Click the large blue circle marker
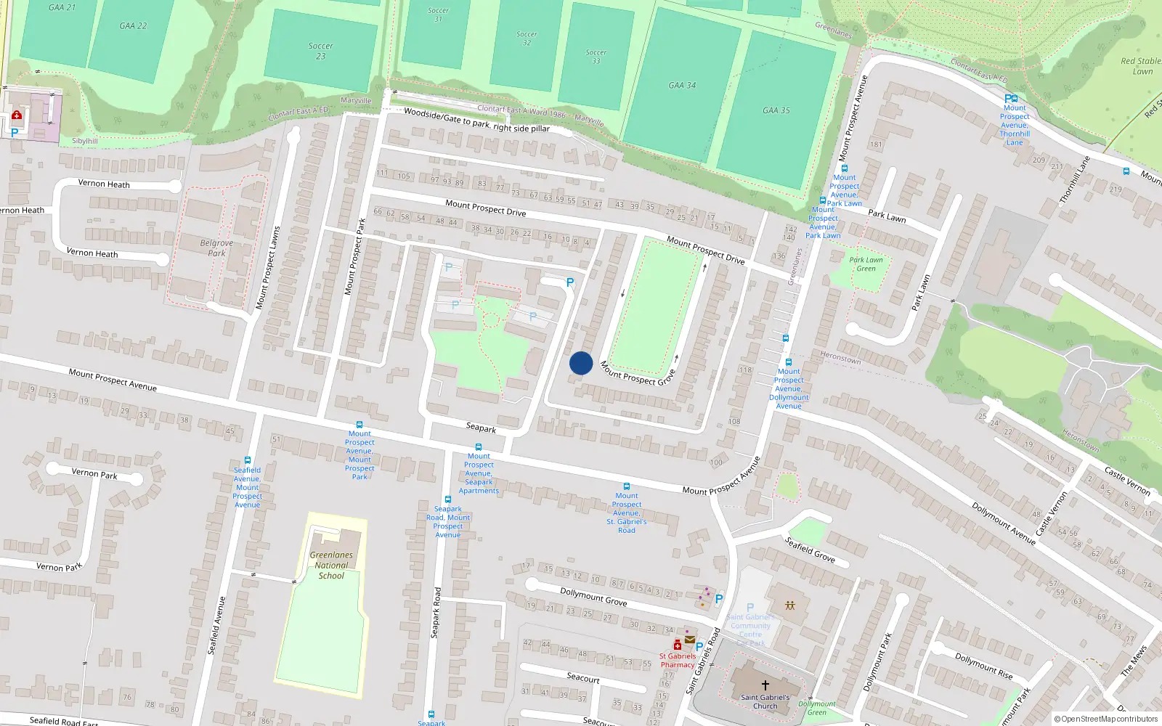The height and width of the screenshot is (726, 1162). pos(581,363)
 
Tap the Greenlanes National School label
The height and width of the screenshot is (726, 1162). pos(331,565)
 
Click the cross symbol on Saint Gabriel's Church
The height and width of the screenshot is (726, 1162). pos(765,685)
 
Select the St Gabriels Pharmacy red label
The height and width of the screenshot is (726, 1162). pos(677,660)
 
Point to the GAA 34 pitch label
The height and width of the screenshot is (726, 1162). pos(682,86)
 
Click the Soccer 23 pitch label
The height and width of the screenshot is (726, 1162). pos(320,51)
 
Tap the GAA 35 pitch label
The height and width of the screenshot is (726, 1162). pos(776,110)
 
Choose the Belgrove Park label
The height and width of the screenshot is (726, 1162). pos(216,248)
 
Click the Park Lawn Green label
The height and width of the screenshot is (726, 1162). pos(866,264)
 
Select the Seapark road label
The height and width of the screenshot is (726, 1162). pos(481,428)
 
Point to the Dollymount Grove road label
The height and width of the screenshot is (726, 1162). pos(593,597)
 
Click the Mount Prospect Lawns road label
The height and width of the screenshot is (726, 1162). pos(268,269)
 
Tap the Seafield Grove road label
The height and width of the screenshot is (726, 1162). pos(810,550)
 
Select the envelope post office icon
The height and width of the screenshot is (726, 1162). pos(689,640)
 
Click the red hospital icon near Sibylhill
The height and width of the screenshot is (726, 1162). pos(17,115)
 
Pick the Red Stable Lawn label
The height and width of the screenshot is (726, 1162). pos(1140,66)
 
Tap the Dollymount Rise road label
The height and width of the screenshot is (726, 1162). pos(983,666)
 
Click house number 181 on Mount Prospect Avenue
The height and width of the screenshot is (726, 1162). pos(876,144)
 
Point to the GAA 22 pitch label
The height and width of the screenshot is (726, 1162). pos(133,25)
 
